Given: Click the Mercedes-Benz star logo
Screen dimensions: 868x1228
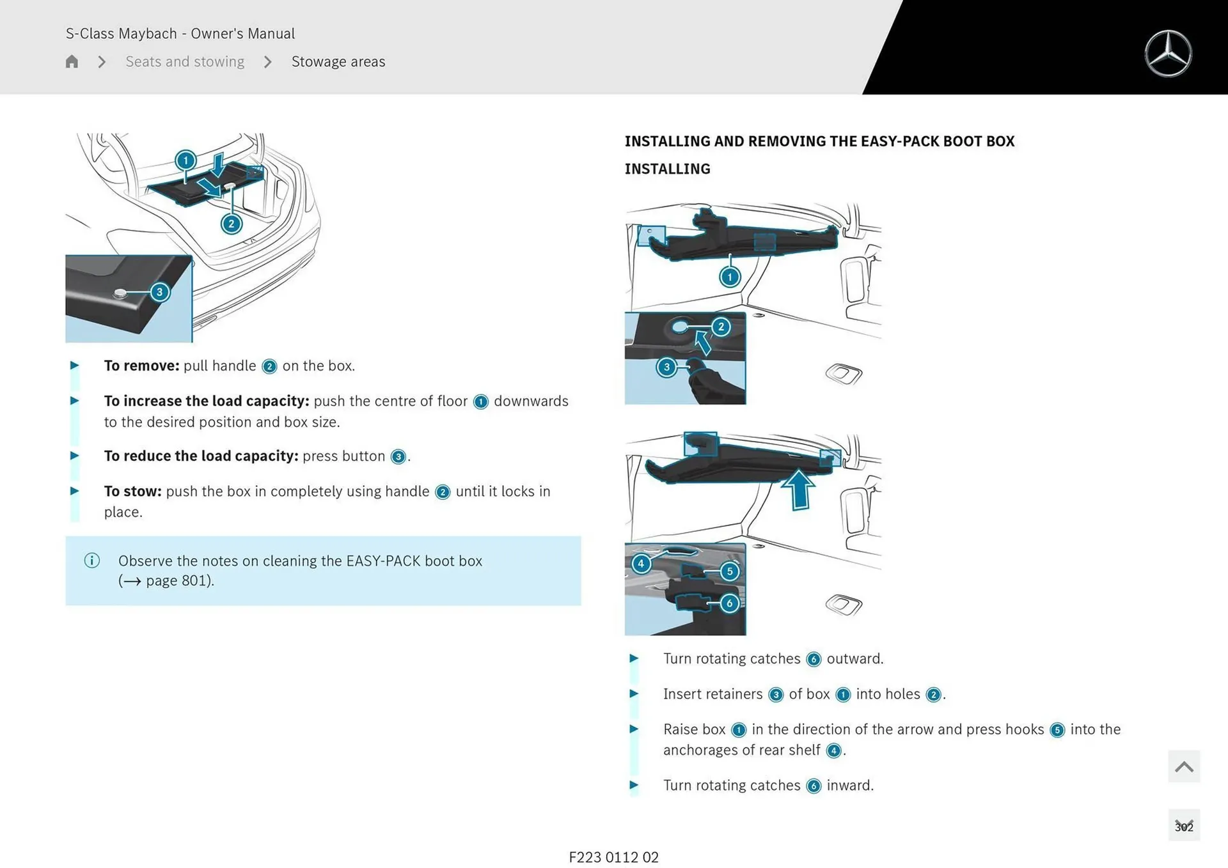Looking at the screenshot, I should point(1168,54).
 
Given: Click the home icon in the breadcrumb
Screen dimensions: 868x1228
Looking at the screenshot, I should point(72,61).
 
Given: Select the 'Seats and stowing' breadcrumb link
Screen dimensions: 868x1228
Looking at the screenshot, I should point(185,61).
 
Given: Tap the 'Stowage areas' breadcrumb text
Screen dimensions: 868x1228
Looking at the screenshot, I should point(338,61).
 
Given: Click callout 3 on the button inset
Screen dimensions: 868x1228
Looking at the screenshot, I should point(159,292).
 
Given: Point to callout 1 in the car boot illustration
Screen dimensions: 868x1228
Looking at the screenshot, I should point(185,160).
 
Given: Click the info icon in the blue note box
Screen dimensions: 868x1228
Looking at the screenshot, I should point(92,561).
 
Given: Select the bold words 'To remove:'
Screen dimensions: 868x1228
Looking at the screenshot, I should point(141,366).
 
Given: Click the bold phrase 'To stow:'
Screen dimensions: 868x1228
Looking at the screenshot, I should point(132,491).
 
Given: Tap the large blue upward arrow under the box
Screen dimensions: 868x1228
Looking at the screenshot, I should point(798,489).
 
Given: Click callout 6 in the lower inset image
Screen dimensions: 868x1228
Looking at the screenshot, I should point(729,603).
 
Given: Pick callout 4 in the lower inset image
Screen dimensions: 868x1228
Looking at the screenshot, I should point(641,564).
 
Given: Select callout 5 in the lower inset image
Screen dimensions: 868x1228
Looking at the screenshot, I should point(729,571).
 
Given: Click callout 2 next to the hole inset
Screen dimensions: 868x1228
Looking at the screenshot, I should point(721,327).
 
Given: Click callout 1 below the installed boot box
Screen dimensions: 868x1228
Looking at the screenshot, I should point(730,277).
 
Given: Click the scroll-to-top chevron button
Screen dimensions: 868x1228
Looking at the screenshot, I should point(1183,766).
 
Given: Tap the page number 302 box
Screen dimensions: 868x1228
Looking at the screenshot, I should point(1183,826).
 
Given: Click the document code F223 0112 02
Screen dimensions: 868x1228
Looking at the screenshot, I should point(613,857).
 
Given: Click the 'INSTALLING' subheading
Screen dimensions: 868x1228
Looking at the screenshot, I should point(667,169).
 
